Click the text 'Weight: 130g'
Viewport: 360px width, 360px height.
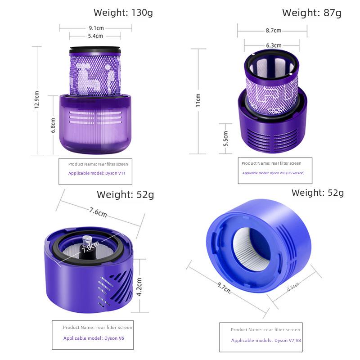123,13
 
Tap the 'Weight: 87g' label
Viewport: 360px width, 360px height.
312,13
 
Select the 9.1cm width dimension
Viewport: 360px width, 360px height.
96,28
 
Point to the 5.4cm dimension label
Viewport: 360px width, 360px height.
95,36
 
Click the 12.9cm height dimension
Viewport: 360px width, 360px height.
37,99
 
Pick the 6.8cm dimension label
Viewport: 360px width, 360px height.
53,126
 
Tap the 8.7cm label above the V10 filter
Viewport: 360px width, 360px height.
274,30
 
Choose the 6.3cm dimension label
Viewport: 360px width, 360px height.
274,45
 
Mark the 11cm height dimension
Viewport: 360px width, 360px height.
198,100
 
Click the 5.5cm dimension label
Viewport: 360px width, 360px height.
226,139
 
